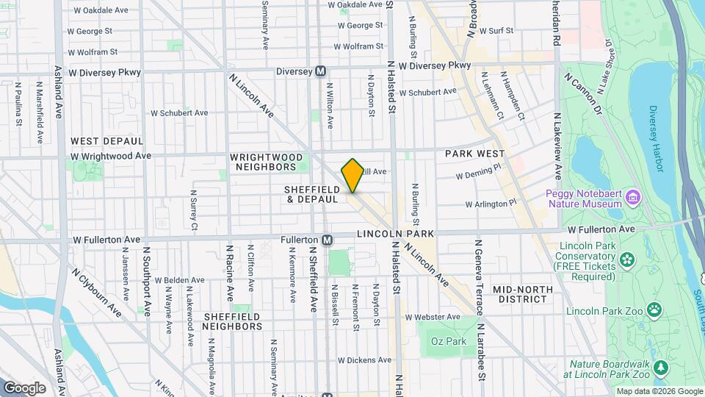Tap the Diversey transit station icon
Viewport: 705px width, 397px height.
320,71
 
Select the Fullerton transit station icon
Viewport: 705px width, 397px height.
328,240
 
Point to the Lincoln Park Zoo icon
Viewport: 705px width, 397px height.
651,311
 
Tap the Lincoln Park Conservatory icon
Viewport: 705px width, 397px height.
626,258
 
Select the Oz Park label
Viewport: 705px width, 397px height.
449,341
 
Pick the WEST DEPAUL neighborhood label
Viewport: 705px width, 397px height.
106,140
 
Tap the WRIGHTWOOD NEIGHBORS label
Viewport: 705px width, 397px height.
263,162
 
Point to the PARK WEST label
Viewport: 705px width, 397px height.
474,154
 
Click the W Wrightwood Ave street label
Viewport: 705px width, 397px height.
111,156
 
